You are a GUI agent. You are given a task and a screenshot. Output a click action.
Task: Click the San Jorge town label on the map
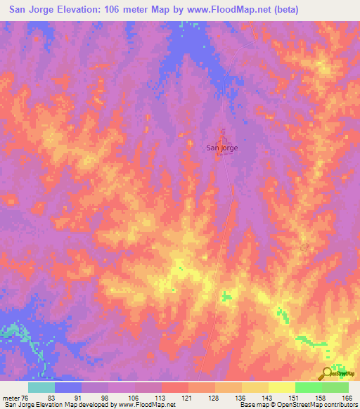coord(221,148)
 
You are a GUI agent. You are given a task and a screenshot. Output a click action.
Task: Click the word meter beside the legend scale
coord(11,397)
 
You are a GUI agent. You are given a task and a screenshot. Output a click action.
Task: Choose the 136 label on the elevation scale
coord(241,397)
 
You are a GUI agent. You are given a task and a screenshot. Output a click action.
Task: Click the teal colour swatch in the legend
coord(41,387)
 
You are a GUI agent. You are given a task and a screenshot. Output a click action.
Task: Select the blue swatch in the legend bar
coord(68,387)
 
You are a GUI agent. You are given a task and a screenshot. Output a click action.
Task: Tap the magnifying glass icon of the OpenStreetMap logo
coord(326,373)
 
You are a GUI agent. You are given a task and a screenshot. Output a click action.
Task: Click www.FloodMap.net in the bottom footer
coord(148,405)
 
